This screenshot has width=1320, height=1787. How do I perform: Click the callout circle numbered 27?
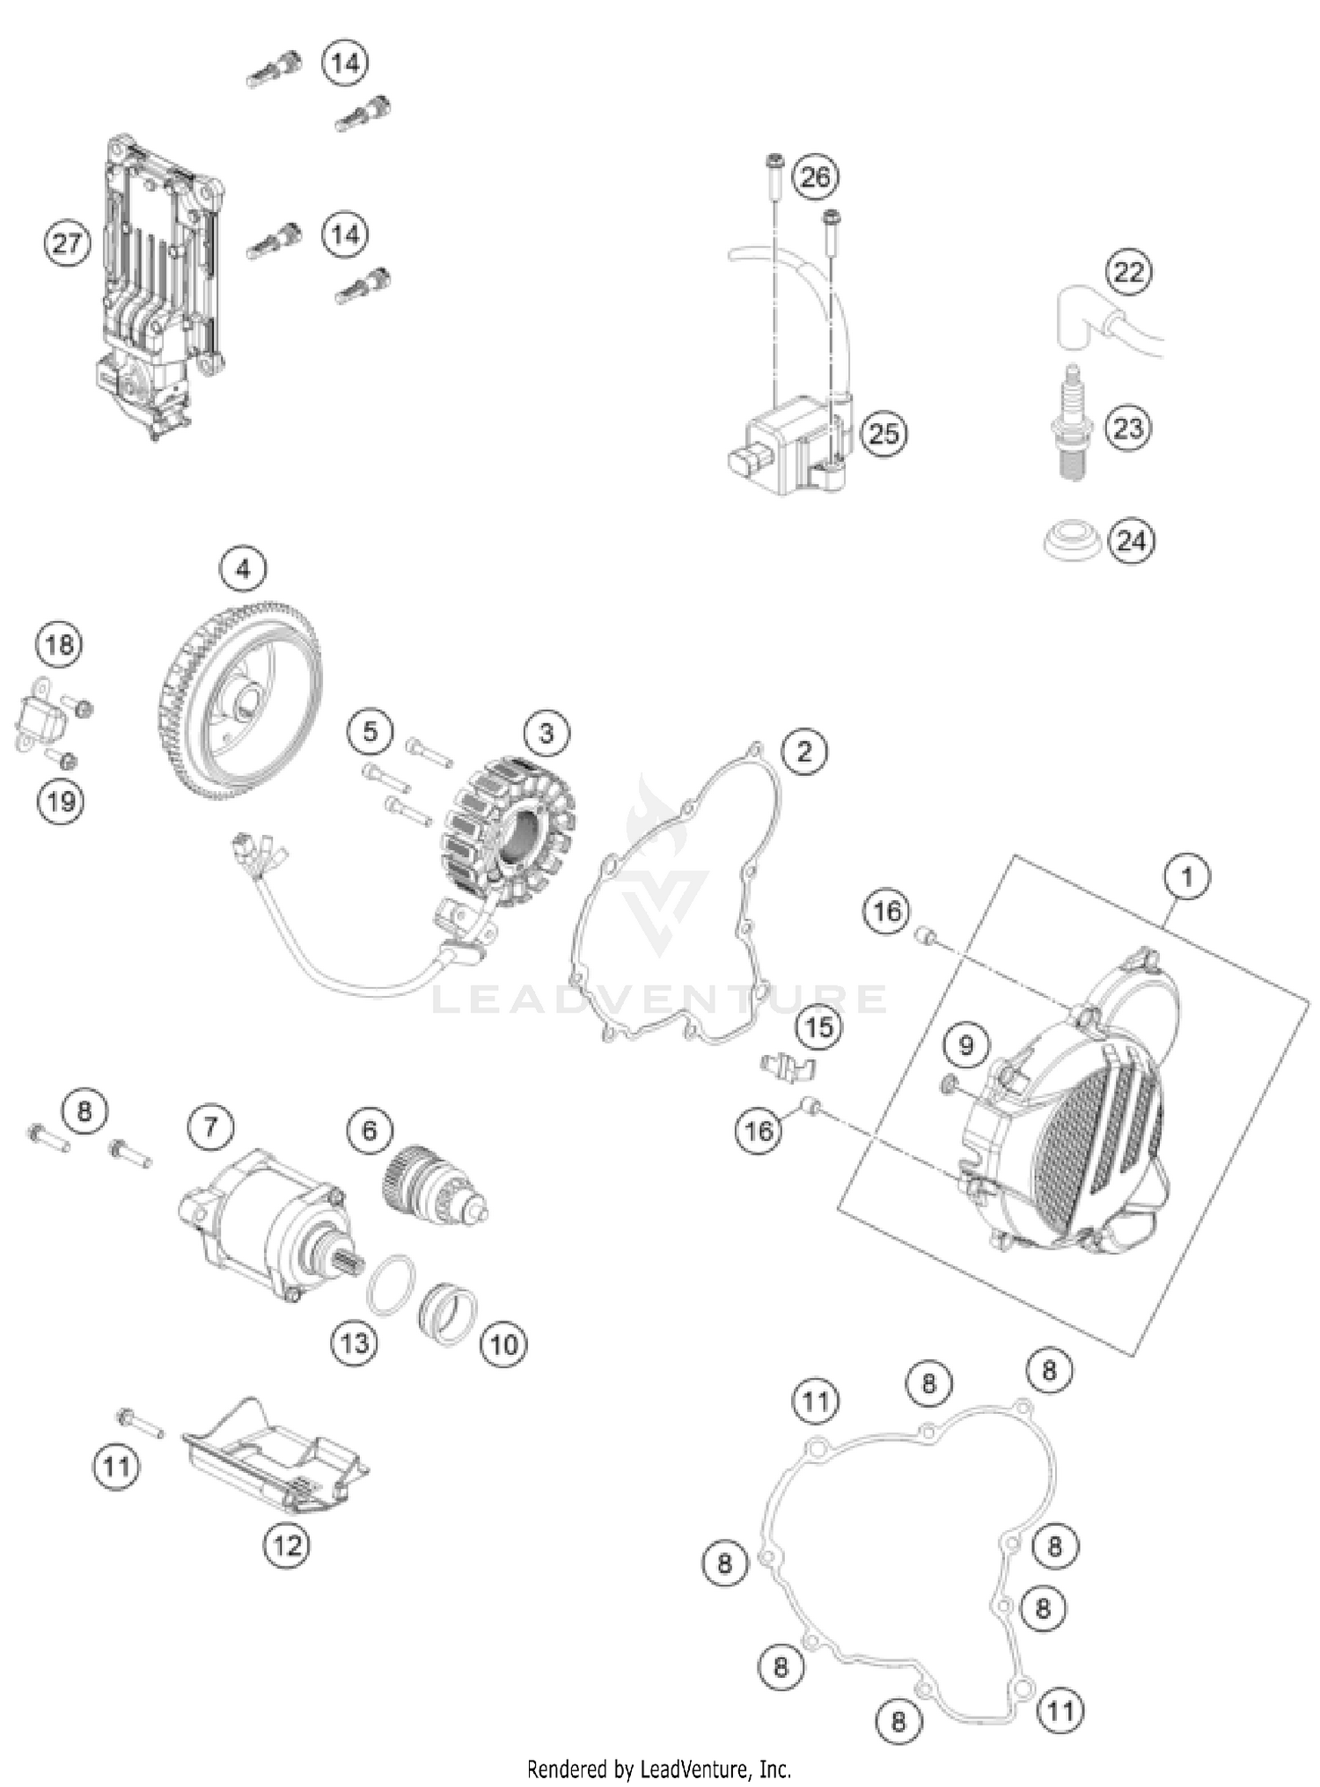click(x=67, y=243)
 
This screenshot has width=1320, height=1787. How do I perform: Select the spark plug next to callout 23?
click(x=1072, y=424)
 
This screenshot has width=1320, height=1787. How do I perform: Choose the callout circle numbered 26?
click(x=815, y=177)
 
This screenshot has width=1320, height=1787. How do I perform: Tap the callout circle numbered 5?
click(x=370, y=731)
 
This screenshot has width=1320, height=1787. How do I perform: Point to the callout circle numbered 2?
click(x=804, y=751)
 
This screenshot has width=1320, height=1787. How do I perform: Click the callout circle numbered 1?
click(x=1186, y=877)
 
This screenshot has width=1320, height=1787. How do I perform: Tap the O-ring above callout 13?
click(x=391, y=1285)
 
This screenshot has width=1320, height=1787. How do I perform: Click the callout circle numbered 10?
click(x=503, y=1344)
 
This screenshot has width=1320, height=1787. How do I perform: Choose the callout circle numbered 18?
click(x=59, y=645)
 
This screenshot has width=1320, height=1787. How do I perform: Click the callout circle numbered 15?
click(x=818, y=1026)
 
